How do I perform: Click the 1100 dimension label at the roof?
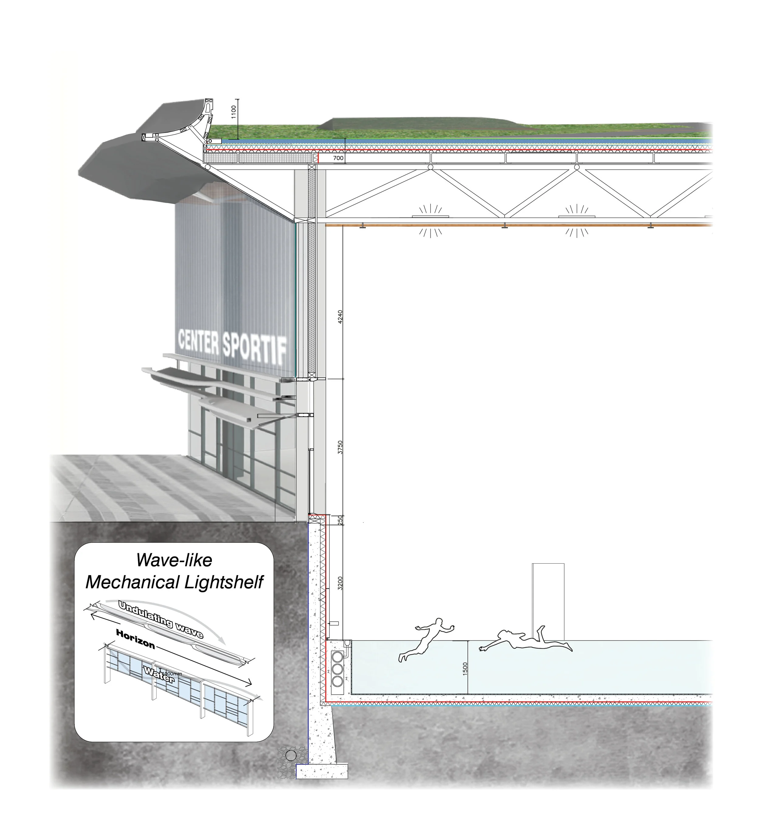point(233,112)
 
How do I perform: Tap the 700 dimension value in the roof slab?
point(338,158)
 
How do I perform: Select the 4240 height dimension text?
point(340,317)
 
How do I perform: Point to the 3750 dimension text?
point(340,447)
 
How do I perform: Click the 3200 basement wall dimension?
point(340,583)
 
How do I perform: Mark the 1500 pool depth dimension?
point(465,669)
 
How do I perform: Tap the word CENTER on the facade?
point(198,341)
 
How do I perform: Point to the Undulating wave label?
point(161,619)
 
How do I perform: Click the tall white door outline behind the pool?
point(548,601)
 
